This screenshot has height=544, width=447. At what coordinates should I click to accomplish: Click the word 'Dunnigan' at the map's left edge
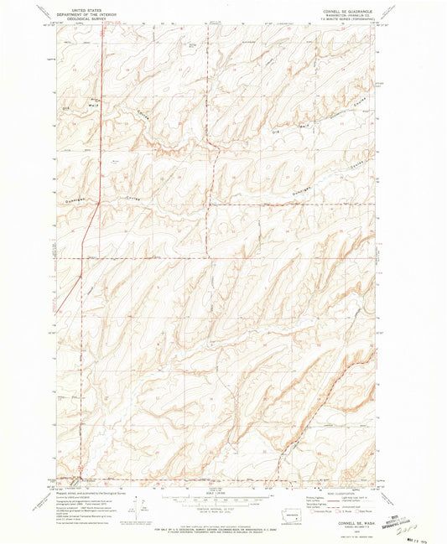(71, 201)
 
